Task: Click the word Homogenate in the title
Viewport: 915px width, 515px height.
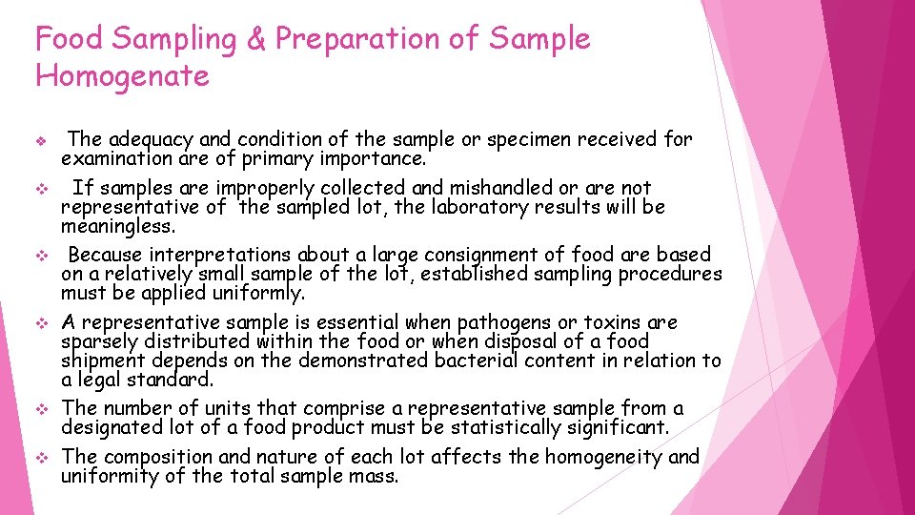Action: [x=122, y=75]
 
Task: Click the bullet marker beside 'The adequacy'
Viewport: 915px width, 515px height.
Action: [x=41, y=140]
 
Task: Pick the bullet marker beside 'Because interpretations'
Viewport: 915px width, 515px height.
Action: [x=41, y=256]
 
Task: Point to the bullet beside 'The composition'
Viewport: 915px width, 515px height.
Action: [x=41, y=458]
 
